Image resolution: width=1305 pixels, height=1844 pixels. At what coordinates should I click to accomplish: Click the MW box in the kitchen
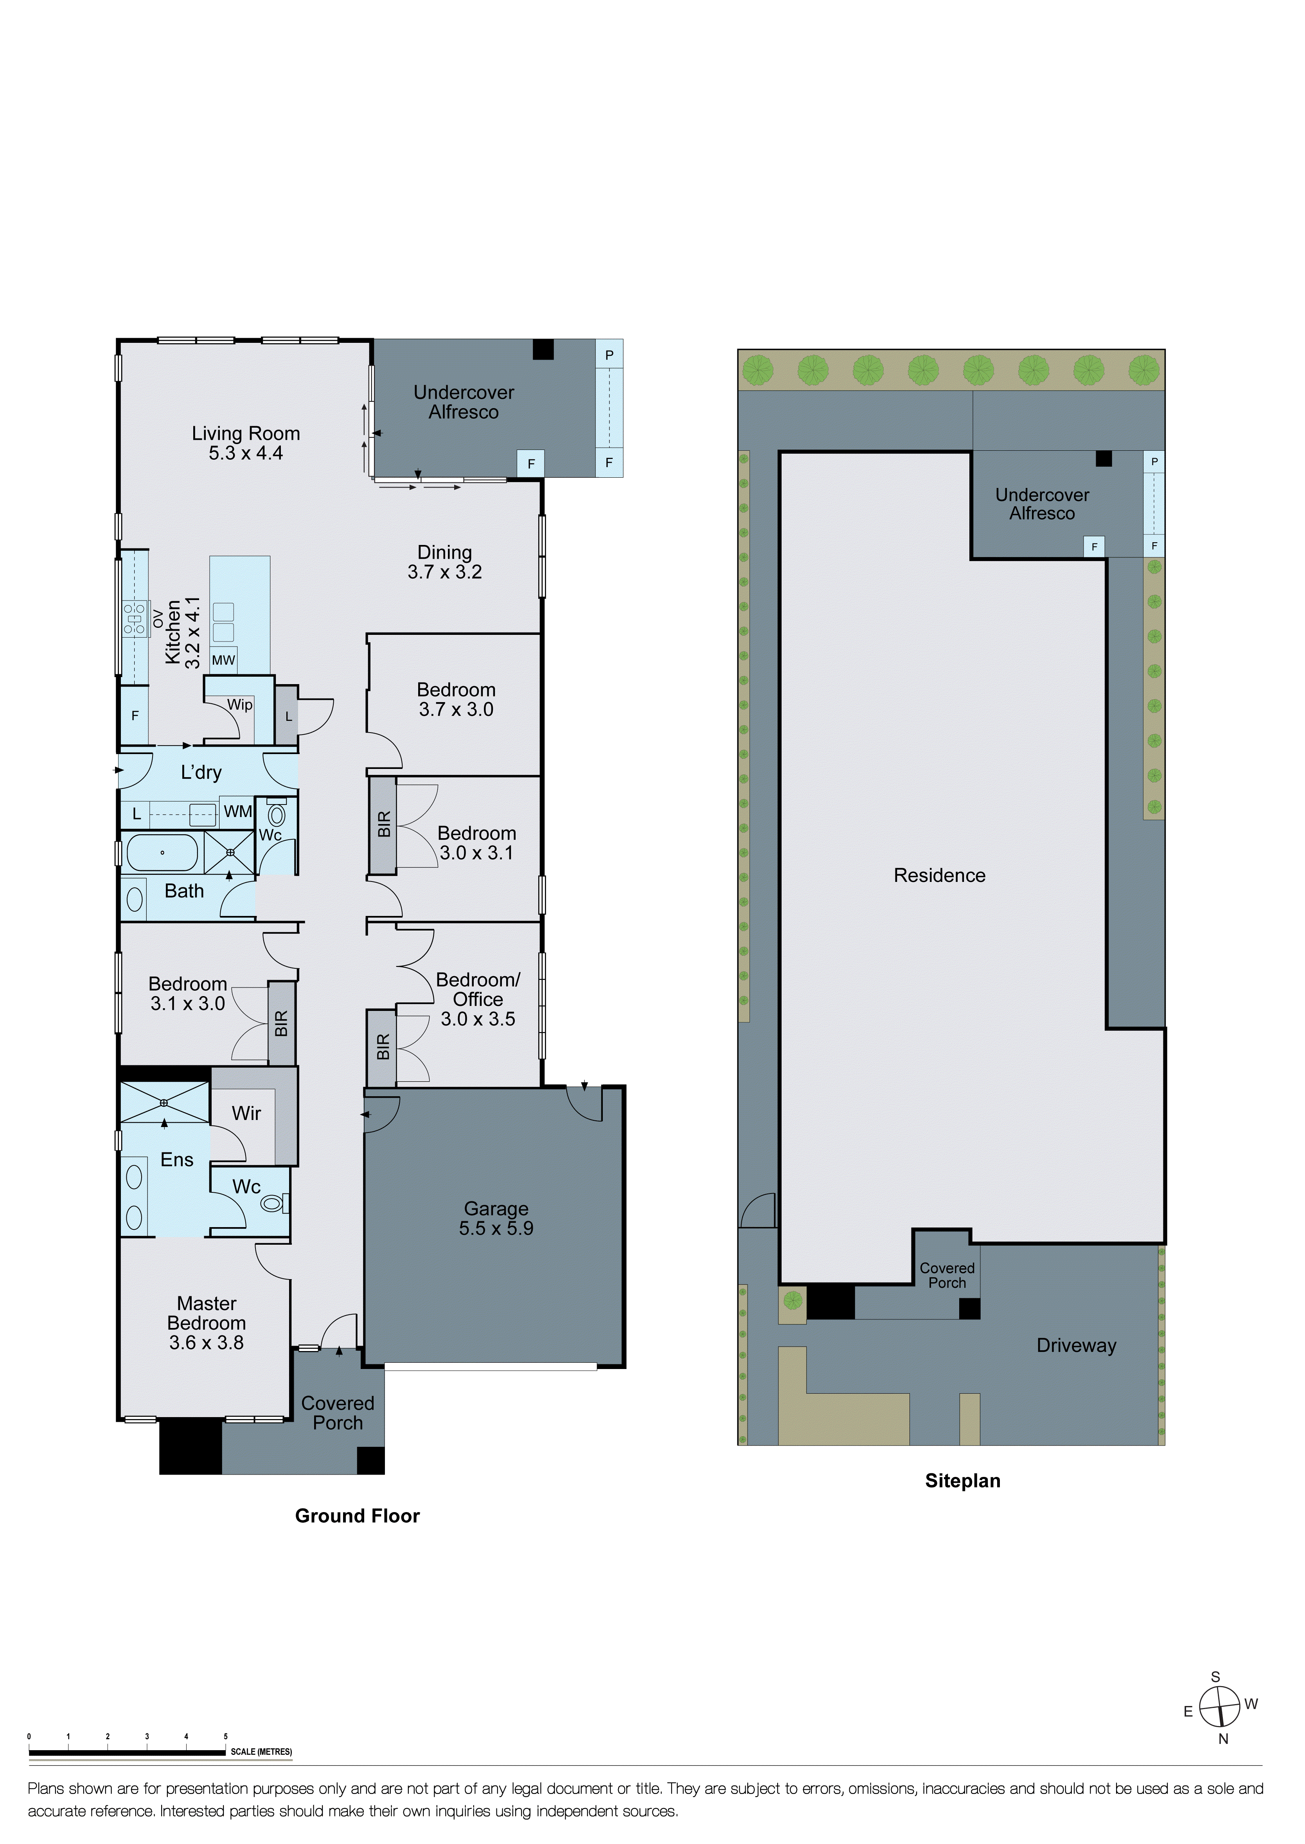tap(223, 660)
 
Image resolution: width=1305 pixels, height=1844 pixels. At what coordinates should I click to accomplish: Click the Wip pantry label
tap(239, 704)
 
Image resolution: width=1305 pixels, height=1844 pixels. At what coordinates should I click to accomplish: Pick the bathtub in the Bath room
tap(162, 853)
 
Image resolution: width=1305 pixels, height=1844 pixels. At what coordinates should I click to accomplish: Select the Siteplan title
tap(963, 1481)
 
